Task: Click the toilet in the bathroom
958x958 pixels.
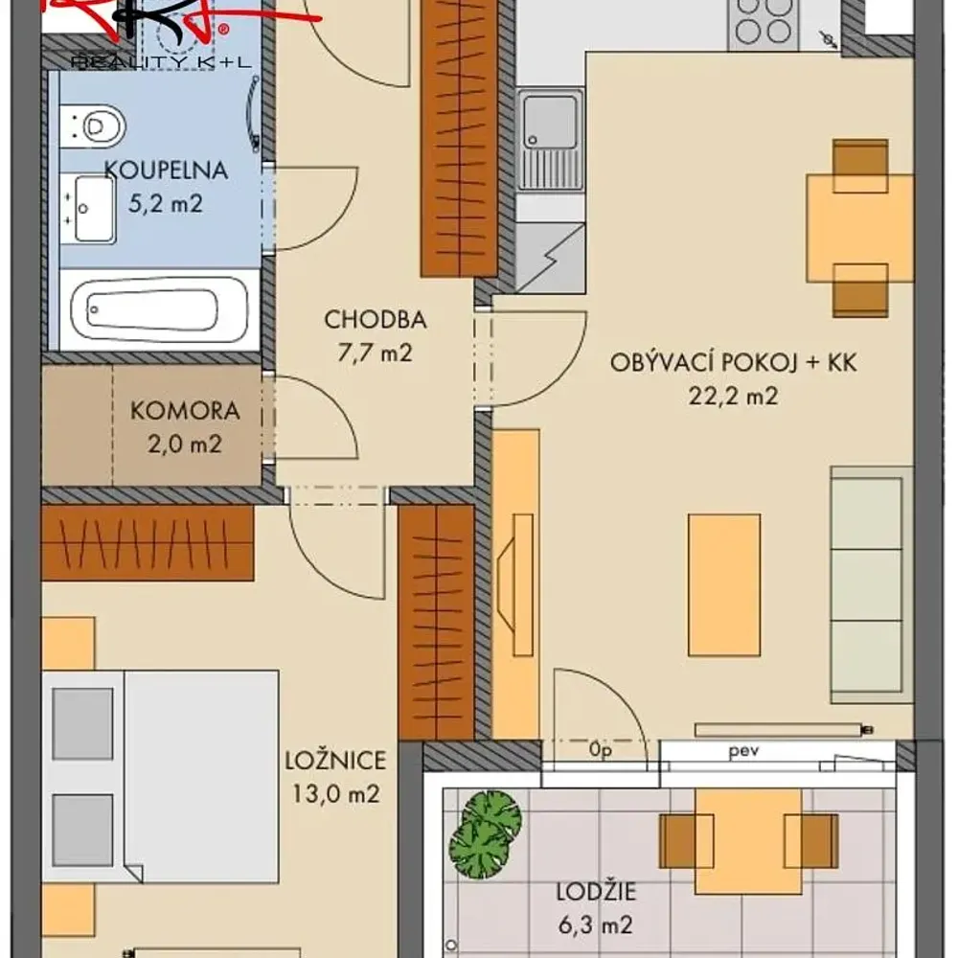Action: tap(93, 126)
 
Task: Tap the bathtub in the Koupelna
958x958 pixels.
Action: tap(159, 309)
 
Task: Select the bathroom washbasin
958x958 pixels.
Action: tap(88, 208)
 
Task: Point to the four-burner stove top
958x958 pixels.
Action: tap(764, 22)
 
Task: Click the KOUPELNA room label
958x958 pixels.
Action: tap(166, 170)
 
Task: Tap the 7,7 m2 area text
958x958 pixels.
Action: tap(376, 353)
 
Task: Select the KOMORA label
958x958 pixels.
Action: tap(185, 411)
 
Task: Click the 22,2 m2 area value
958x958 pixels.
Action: tap(733, 396)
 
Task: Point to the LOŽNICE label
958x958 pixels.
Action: tap(335, 760)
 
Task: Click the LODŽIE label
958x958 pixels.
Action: tap(596, 892)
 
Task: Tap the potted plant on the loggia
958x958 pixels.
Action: tap(486, 834)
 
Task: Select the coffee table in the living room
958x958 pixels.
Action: tap(724, 584)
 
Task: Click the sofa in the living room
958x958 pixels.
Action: tap(871, 584)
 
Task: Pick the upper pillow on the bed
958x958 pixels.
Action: tap(82, 723)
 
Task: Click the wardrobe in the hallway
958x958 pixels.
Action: tap(459, 138)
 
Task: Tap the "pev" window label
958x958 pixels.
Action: tap(743, 750)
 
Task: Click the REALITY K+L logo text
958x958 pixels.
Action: tap(161, 61)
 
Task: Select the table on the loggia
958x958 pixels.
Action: tap(748, 841)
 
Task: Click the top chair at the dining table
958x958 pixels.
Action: tap(860, 166)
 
